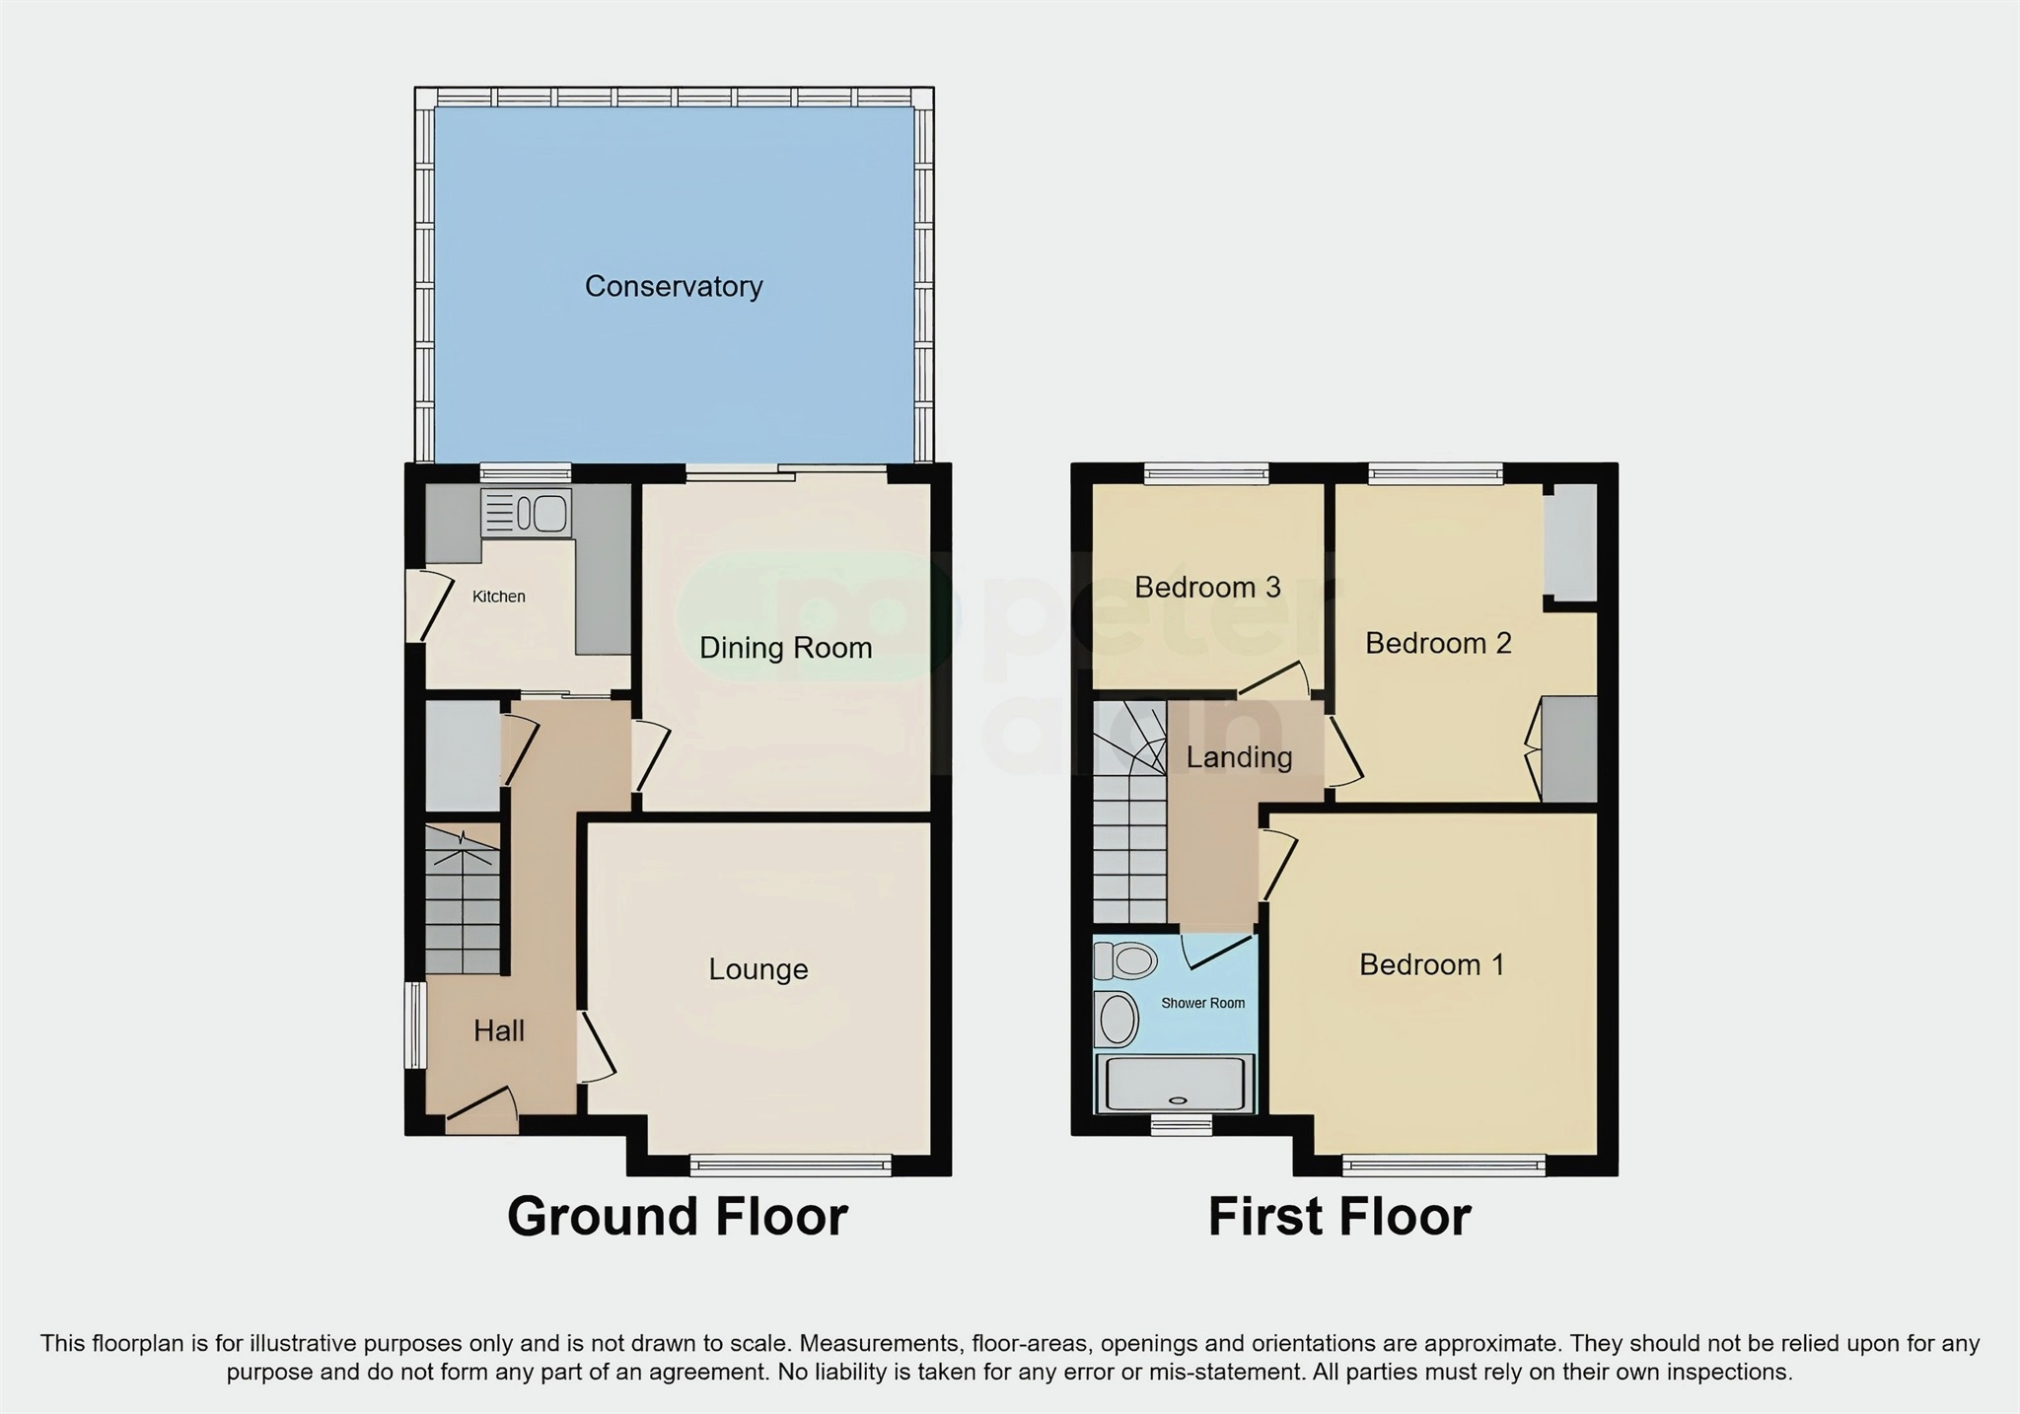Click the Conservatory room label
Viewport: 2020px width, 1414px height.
tap(674, 287)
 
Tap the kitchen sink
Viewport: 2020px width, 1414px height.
tap(526, 513)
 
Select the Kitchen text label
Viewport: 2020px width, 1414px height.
tap(498, 597)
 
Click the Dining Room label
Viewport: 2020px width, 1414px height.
tap(785, 648)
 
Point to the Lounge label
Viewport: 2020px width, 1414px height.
tap(757, 969)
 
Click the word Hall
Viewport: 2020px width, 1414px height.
tap(498, 1031)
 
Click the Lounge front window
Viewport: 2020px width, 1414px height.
tap(790, 1167)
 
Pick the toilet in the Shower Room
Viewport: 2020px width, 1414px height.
tap(1126, 959)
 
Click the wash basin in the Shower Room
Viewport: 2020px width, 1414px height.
tap(1117, 1019)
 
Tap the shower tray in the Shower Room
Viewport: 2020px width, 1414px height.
tap(1174, 1084)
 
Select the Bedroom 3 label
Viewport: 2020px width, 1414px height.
tap(1207, 588)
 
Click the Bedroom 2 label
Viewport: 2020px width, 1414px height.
tap(1437, 644)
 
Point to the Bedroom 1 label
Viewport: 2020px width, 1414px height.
tap(1431, 964)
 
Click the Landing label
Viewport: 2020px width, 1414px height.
tap(1239, 757)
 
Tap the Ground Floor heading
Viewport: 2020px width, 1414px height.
tap(677, 1217)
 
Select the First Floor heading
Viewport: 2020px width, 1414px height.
tap(1338, 1217)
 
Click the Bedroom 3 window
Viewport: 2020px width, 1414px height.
tap(1206, 474)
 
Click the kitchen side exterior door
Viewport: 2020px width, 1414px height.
tap(420, 606)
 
